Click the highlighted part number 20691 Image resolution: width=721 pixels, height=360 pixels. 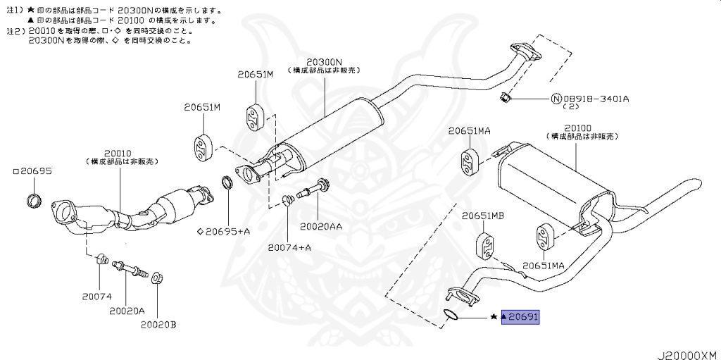pyautogui.click(x=520, y=318)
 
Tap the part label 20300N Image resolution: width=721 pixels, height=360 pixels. pyautogui.click(x=324, y=62)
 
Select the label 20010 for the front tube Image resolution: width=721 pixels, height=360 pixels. pyautogui.click(x=118, y=152)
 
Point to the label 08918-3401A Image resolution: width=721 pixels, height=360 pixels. pyautogui.click(x=594, y=99)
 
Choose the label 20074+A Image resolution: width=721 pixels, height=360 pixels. pyautogui.click(x=289, y=247)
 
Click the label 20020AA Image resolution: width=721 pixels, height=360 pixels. pyautogui.click(x=322, y=227)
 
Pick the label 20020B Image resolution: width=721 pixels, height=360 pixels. pyautogui.click(x=158, y=325)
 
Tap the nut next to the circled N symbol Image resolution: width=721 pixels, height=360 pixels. pyautogui.click(x=505, y=97)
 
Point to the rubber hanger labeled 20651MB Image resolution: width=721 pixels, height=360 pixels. pyautogui.click(x=487, y=244)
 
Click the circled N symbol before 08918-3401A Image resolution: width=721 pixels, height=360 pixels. pyautogui.click(x=555, y=99)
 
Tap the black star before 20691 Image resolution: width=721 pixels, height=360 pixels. pyautogui.click(x=494, y=318)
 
